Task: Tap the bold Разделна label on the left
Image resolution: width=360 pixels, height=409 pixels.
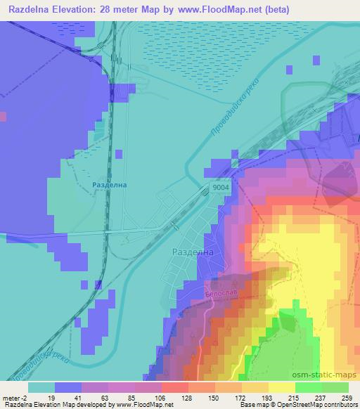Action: point(108,185)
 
